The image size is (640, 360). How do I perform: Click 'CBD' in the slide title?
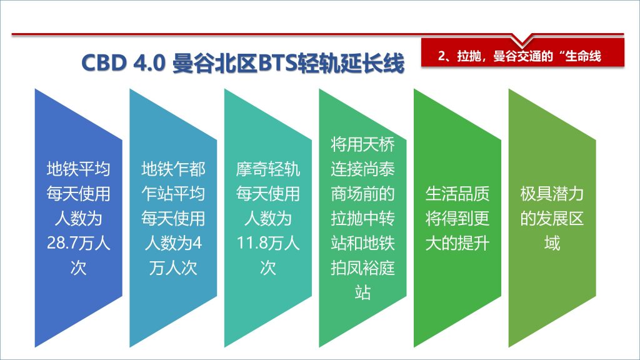(x=104, y=63)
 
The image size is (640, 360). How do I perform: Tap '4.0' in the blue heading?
(x=149, y=63)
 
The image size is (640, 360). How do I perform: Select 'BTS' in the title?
(x=277, y=63)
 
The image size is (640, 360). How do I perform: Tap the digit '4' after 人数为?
(x=197, y=243)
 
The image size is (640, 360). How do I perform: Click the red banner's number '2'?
(x=441, y=56)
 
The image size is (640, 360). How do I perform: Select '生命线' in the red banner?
(x=583, y=56)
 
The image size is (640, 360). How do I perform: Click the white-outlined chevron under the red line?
(x=522, y=41)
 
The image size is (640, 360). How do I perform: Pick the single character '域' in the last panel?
(x=552, y=243)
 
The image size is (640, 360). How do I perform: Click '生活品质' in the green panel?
(x=457, y=194)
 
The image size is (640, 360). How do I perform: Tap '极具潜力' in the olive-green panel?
(x=552, y=194)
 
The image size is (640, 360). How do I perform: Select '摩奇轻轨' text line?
(x=267, y=169)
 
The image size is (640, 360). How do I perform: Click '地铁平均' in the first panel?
(x=78, y=169)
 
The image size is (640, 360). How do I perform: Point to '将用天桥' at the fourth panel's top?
(x=362, y=144)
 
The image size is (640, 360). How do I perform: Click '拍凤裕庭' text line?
(x=362, y=268)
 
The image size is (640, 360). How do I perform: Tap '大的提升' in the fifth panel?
(x=457, y=243)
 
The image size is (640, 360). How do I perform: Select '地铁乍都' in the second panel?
(x=173, y=169)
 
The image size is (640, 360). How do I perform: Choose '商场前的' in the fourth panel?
(x=362, y=194)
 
